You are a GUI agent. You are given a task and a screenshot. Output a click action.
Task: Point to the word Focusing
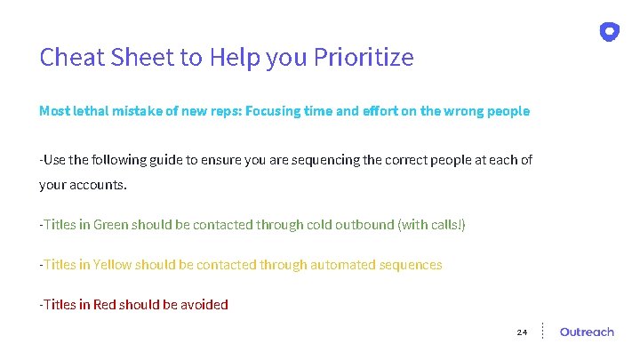273,111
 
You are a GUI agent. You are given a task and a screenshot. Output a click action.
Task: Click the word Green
111,225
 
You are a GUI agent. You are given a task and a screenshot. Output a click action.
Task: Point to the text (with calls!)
432,225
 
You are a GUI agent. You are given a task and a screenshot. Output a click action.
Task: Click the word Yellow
113,265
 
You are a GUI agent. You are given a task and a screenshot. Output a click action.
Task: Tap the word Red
104,305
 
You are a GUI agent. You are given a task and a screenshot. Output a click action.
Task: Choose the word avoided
204,305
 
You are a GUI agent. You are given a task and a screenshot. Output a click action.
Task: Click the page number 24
522,332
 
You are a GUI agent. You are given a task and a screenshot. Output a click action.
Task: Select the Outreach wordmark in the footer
587,332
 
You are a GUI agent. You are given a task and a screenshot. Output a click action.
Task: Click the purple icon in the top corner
609,32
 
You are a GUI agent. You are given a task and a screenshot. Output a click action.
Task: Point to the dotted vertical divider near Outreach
543,331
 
